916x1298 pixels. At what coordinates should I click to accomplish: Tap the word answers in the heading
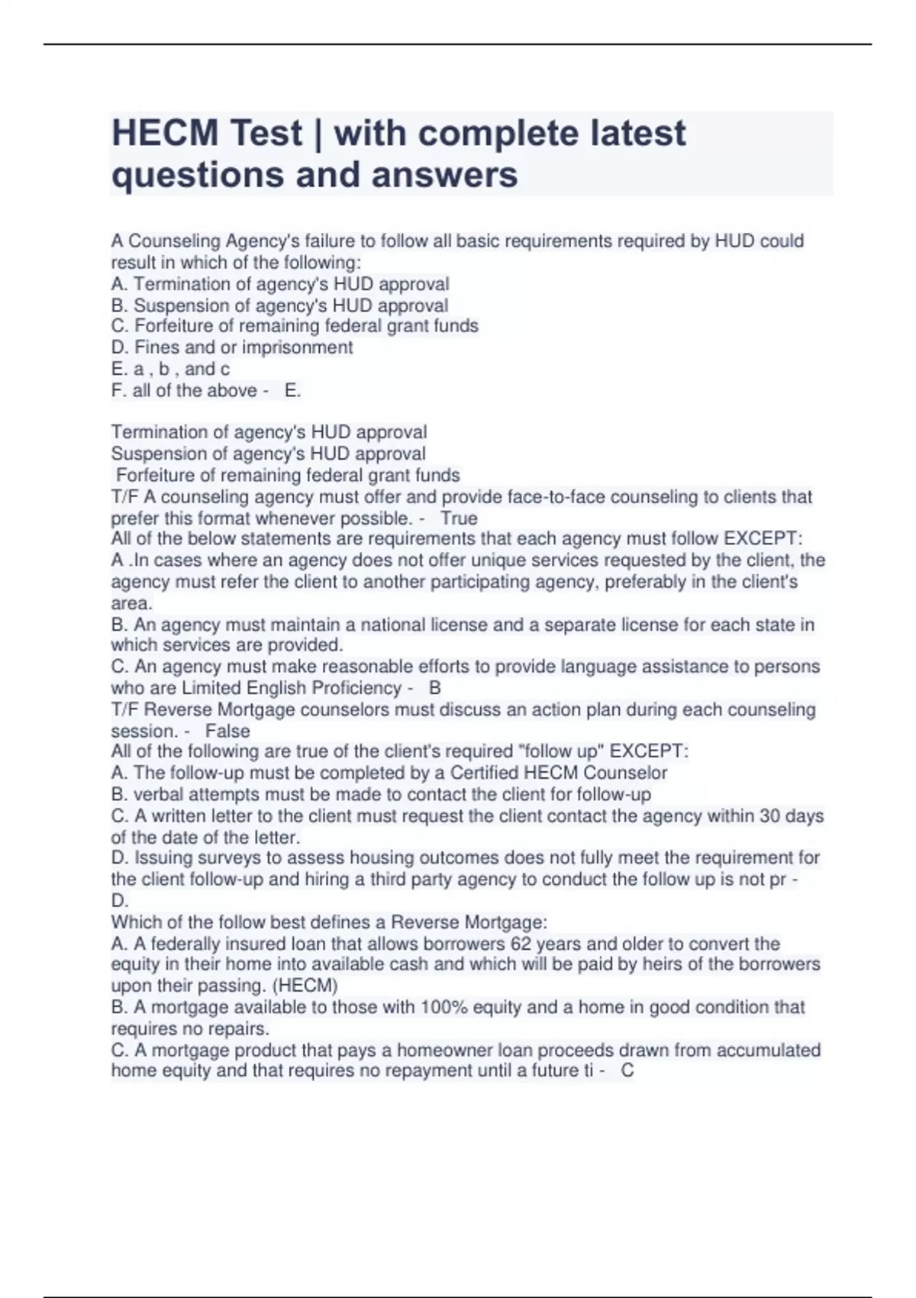(x=444, y=175)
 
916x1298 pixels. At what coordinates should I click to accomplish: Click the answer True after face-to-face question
(x=459, y=518)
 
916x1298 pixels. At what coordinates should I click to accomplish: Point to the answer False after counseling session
(x=227, y=731)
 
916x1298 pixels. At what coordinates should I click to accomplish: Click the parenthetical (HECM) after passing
(x=305, y=985)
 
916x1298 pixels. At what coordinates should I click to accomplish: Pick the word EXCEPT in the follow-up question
(x=655, y=751)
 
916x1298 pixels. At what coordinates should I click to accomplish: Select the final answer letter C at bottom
(x=627, y=1070)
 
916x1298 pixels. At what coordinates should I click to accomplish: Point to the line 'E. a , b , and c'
(x=170, y=369)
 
